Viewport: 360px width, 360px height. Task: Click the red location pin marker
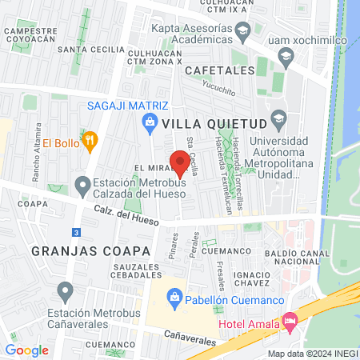[177, 162]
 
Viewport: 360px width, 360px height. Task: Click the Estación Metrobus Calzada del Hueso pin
[82, 187]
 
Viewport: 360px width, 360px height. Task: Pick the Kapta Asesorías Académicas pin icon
[245, 30]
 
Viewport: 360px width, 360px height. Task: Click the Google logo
[26, 350]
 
